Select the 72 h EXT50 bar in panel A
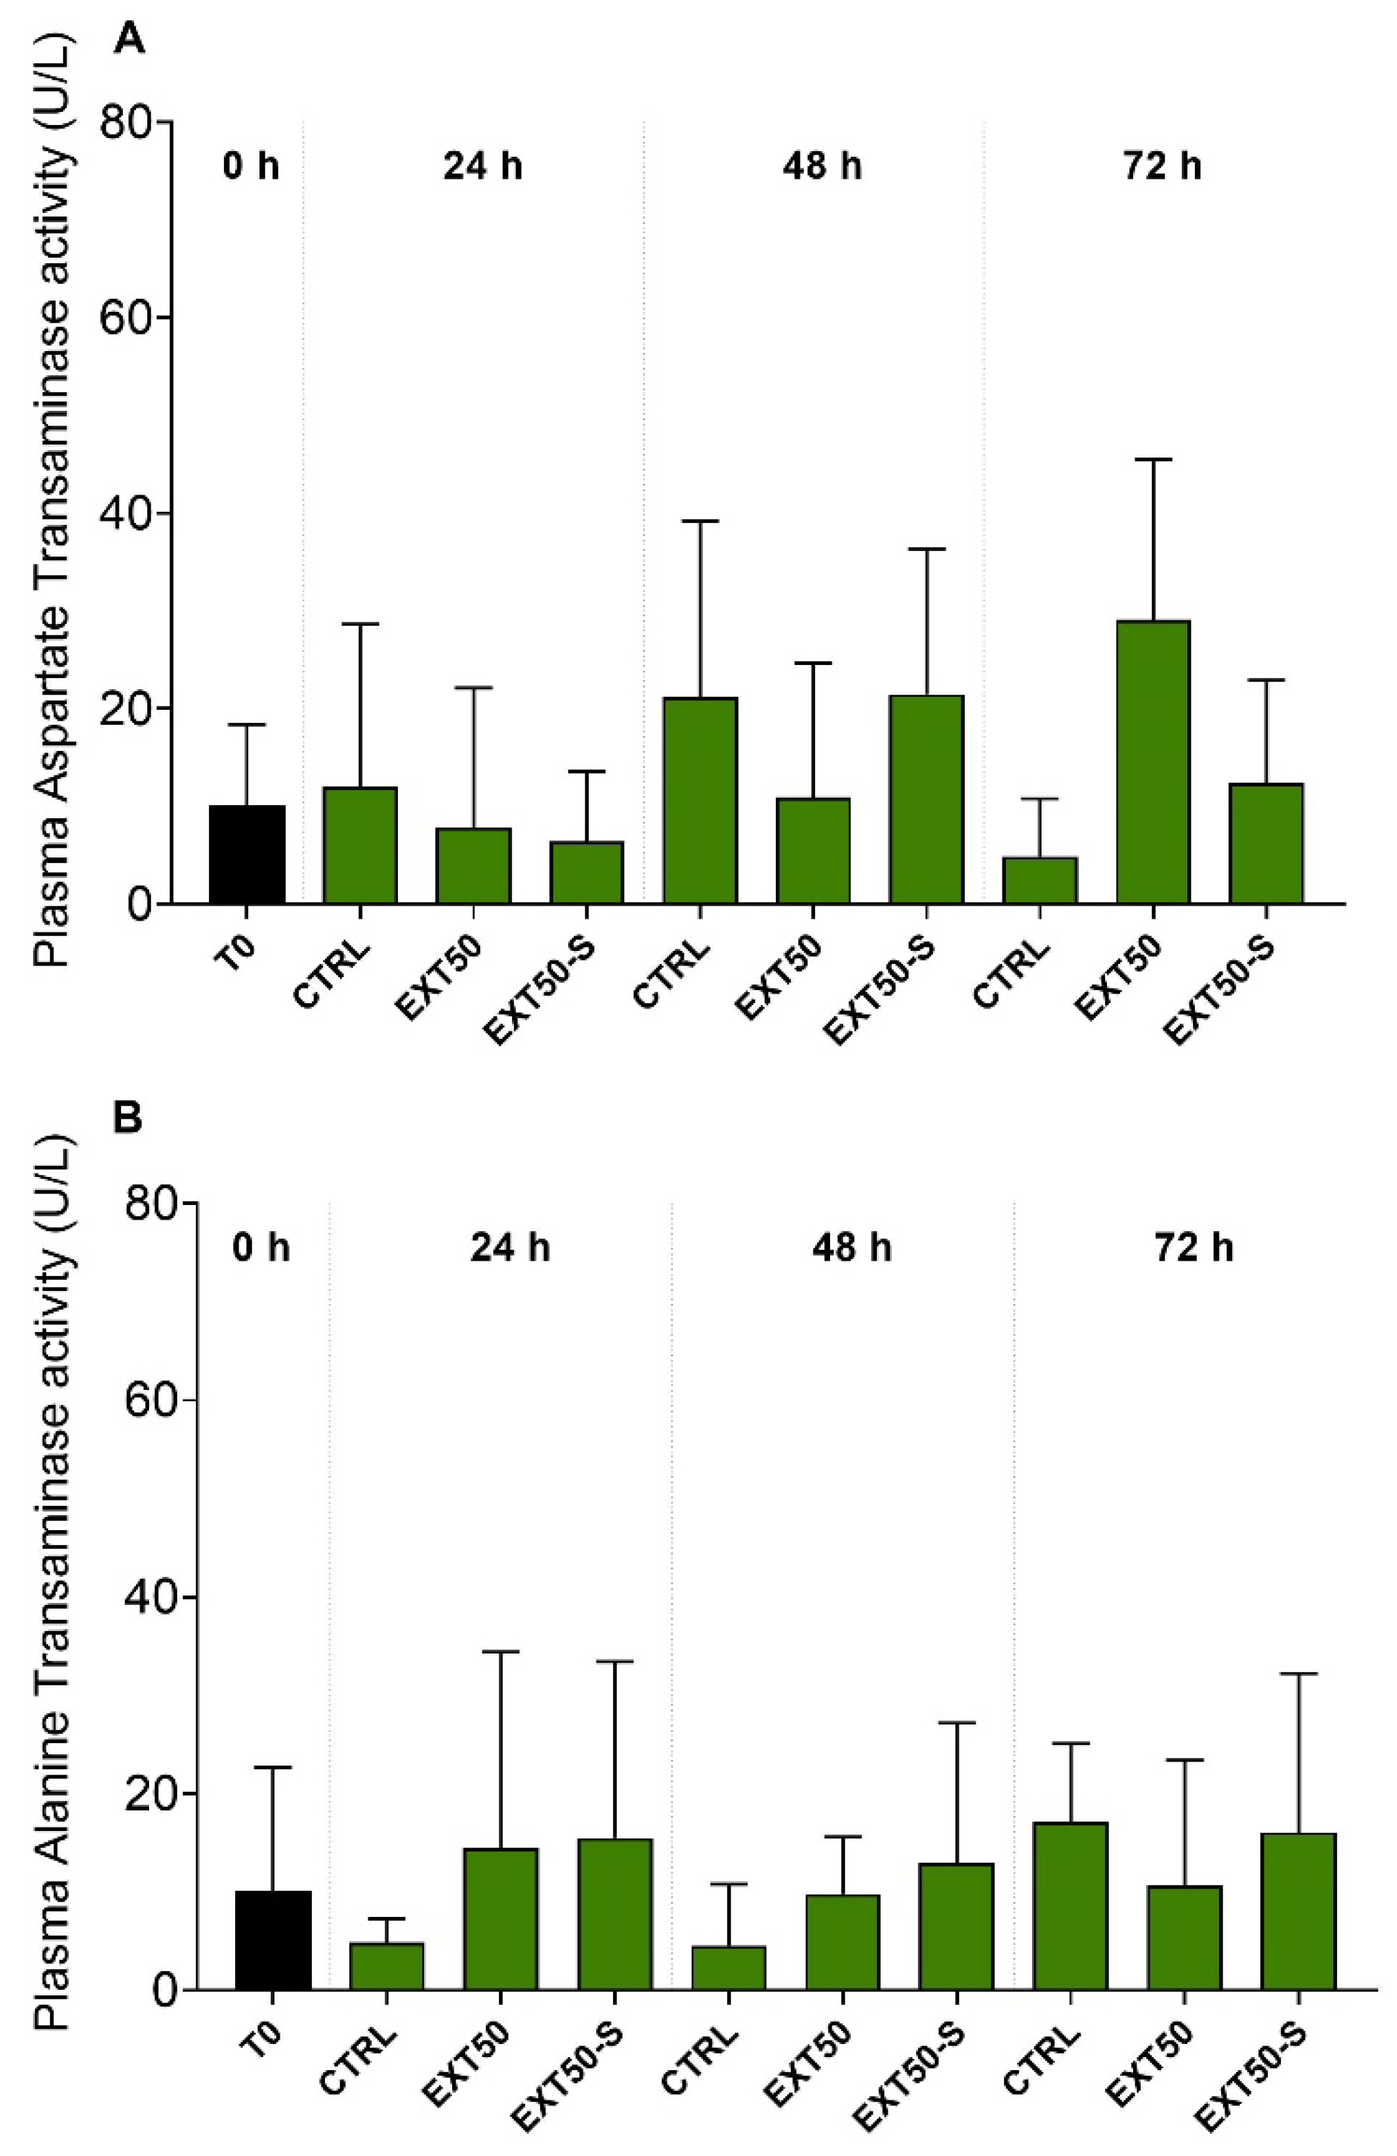[1152, 762]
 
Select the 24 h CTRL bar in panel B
[387, 1963]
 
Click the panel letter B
[127, 1119]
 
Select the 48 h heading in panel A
[822, 167]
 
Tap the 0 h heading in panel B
[261, 1248]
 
